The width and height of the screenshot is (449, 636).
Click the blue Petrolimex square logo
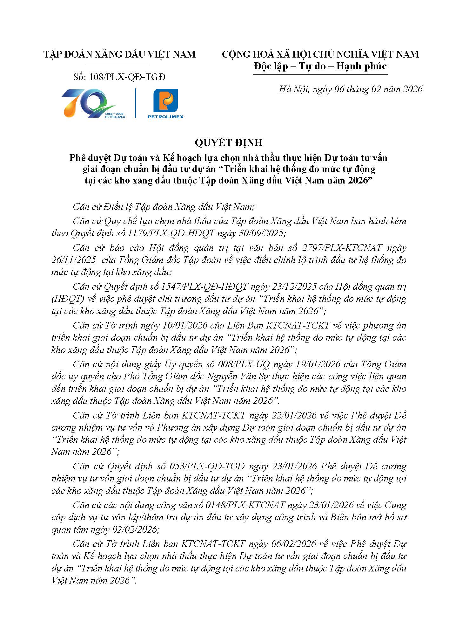point(165,101)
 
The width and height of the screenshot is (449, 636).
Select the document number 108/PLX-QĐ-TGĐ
point(127,77)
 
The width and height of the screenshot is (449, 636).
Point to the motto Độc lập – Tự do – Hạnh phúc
point(320,66)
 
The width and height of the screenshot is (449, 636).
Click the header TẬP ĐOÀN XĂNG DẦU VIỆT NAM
point(120,54)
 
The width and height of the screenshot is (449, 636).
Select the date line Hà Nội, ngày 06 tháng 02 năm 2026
point(351,89)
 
